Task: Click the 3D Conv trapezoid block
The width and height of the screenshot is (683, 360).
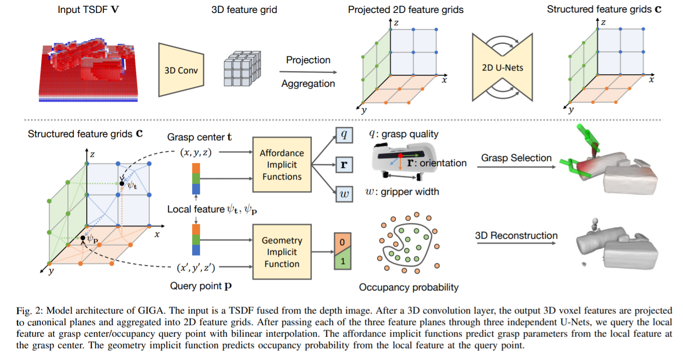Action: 181,70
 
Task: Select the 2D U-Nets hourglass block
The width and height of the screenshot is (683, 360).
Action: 502,67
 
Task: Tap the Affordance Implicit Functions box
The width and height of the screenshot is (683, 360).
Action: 282,165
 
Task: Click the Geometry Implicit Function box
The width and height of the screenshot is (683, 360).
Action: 282,252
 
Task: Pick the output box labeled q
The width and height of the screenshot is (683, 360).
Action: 344,135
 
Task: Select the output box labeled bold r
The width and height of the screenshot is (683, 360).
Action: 344,165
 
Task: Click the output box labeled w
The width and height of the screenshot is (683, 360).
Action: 344,194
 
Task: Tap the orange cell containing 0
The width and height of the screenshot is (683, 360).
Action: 342,242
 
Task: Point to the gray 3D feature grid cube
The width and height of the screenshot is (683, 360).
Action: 242,69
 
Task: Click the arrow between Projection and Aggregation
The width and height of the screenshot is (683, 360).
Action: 308,72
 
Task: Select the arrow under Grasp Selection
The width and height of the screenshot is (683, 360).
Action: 516,167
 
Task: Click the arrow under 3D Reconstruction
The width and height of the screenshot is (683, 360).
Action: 516,243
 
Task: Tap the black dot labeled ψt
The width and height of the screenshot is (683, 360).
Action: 121,184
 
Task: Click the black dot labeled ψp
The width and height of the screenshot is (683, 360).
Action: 83,238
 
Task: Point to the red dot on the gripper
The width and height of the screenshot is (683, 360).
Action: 400,156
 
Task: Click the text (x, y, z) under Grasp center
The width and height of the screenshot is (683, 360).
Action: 196,152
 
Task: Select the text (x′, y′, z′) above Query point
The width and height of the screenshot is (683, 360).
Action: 196,267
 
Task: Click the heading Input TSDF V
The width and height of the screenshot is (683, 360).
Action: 88,9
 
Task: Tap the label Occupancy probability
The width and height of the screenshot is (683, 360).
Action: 409,287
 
